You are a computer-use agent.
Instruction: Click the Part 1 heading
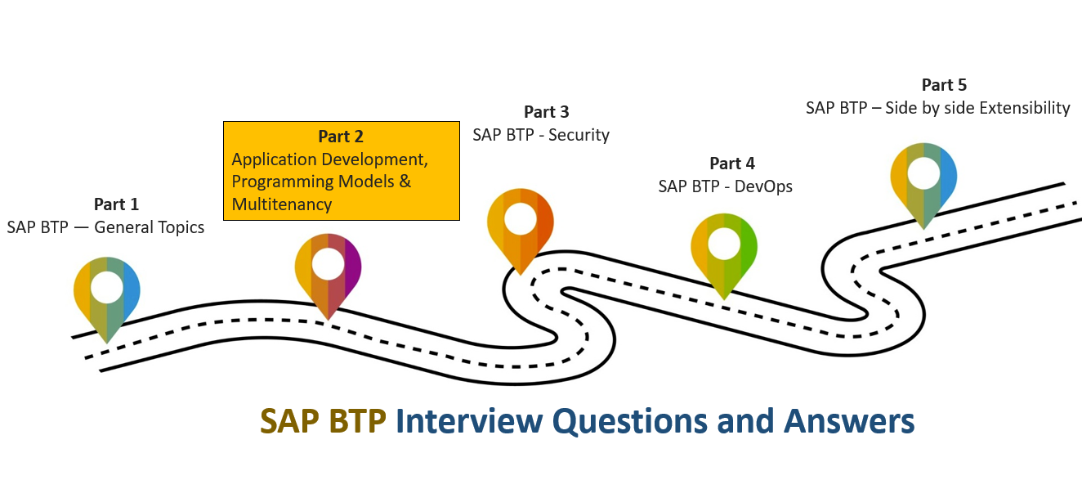point(116,204)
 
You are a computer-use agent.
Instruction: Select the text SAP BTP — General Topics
point(105,227)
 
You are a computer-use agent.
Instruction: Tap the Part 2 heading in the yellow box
point(341,136)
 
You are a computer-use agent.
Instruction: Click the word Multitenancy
point(282,204)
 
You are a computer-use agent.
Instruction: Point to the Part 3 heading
point(546,112)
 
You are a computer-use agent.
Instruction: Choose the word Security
point(579,134)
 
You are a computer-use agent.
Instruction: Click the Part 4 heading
point(731,164)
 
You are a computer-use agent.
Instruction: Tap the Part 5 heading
point(944,85)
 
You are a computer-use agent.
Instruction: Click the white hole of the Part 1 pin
point(107,287)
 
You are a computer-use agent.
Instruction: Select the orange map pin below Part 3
point(521,229)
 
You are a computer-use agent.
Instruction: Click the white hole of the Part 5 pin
point(923,173)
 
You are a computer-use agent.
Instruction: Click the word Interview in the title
point(469,421)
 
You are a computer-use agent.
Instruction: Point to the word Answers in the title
point(849,421)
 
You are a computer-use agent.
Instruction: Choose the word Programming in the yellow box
point(284,181)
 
